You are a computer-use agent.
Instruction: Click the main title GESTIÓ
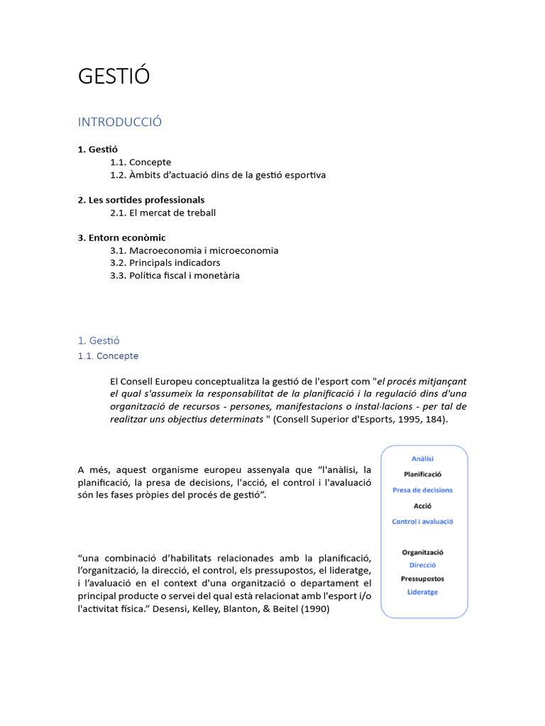click(114, 77)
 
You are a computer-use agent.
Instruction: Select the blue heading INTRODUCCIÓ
click(120, 122)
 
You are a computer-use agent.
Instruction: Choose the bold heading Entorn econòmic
click(121, 238)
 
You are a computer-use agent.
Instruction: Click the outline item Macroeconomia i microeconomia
click(194, 250)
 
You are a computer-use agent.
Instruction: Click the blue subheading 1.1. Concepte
click(108, 356)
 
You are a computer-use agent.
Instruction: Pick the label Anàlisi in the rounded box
click(422, 459)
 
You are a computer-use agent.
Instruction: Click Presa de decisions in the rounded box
click(422, 490)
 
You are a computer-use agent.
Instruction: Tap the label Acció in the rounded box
click(422, 506)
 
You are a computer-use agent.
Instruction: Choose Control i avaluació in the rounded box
click(422, 522)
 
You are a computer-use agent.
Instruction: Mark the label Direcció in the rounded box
click(422, 565)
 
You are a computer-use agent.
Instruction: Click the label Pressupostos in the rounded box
click(422, 579)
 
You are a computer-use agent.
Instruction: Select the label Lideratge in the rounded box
click(422, 592)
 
